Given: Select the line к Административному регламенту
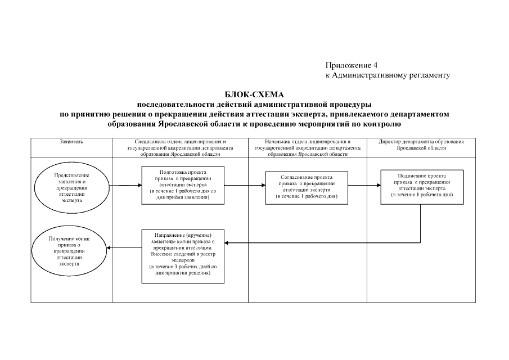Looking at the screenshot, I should (x=388, y=75).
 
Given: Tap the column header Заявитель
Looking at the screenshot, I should (x=71, y=142).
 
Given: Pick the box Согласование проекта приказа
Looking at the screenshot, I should (x=306, y=186).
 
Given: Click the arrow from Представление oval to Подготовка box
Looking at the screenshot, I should (x=124, y=185).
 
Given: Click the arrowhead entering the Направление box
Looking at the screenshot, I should (x=228, y=242).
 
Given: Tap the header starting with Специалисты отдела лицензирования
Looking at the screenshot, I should (x=182, y=147).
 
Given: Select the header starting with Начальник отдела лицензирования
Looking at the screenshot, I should (x=306, y=147).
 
